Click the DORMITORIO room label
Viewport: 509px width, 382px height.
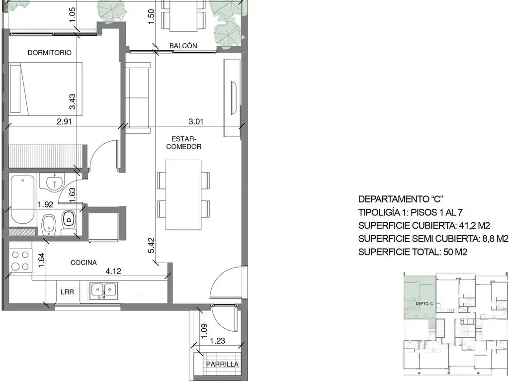[50, 53]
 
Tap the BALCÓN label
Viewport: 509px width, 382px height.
[183, 46]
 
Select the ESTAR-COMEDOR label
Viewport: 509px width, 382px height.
[184, 143]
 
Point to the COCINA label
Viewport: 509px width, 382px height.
[84, 263]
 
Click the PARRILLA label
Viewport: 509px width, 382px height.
[222, 364]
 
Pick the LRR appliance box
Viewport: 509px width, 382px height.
[67, 291]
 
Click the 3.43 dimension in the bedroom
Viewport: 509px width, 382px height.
[72, 101]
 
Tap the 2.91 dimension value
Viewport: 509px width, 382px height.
[64, 121]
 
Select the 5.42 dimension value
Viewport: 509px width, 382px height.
[151, 246]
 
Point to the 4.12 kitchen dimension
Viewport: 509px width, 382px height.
[113, 271]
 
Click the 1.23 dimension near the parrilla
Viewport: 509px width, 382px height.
[218, 341]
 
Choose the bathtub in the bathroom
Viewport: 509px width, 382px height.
[22, 199]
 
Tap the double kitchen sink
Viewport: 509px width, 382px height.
[103, 290]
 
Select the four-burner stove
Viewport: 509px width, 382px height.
[20, 260]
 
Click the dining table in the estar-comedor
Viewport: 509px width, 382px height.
[183, 195]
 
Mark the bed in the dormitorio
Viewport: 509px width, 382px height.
[45, 89]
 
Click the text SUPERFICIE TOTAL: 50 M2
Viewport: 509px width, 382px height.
[413, 252]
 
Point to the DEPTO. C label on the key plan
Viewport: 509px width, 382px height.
[424, 304]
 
